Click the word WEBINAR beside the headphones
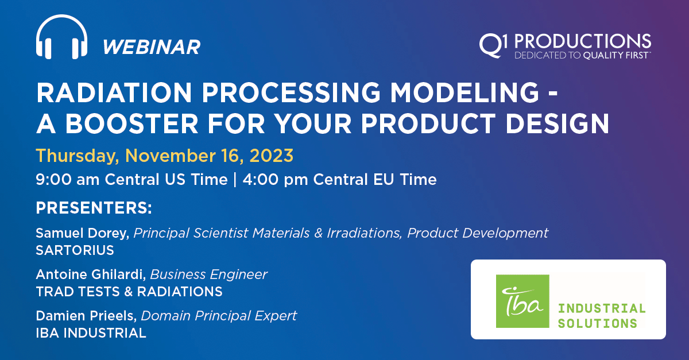tap(152, 47)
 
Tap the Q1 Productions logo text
tap(565, 41)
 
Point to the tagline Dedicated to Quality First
tap(582, 56)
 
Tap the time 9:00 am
tap(68, 180)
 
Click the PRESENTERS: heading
tap(94, 208)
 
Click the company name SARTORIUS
tap(75, 250)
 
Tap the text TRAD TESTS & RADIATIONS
tap(129, 292)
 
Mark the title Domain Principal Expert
tap(219, 316)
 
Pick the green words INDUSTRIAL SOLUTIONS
tap(601, 315)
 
